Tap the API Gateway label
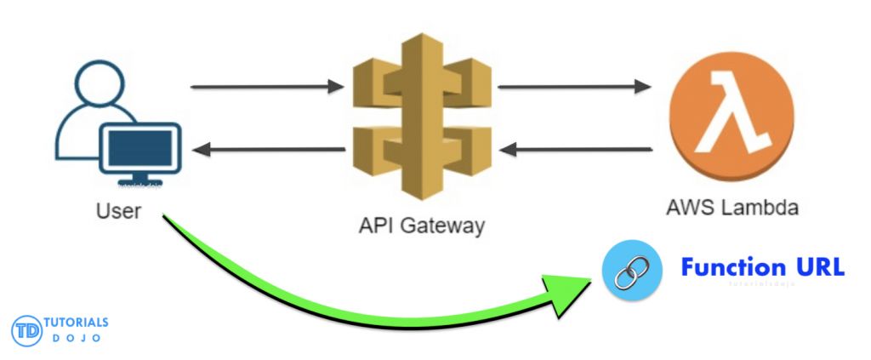pos(421,226)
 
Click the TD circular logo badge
pos(26,331)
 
